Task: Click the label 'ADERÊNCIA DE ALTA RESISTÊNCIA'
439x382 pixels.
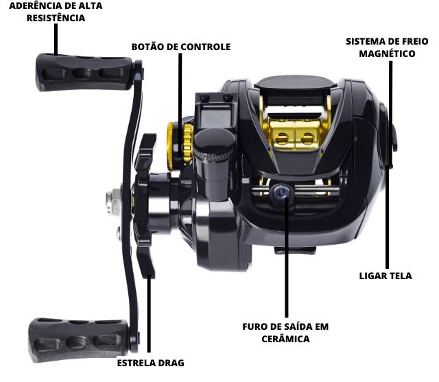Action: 56,12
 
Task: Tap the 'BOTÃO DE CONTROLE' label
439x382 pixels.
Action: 181,47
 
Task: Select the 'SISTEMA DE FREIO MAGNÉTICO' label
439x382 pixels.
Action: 387,47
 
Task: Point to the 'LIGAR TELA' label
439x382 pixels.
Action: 385,276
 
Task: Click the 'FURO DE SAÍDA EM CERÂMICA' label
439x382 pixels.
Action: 285,333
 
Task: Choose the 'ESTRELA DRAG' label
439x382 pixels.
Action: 151,363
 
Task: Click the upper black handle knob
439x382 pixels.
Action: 84,72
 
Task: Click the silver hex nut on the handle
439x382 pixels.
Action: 113,202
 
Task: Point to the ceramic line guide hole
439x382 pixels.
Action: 281,193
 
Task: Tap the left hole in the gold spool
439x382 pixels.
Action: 282,139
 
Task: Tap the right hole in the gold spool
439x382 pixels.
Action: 307,139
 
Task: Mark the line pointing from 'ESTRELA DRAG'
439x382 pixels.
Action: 149,313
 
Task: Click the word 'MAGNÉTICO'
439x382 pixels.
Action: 387,53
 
